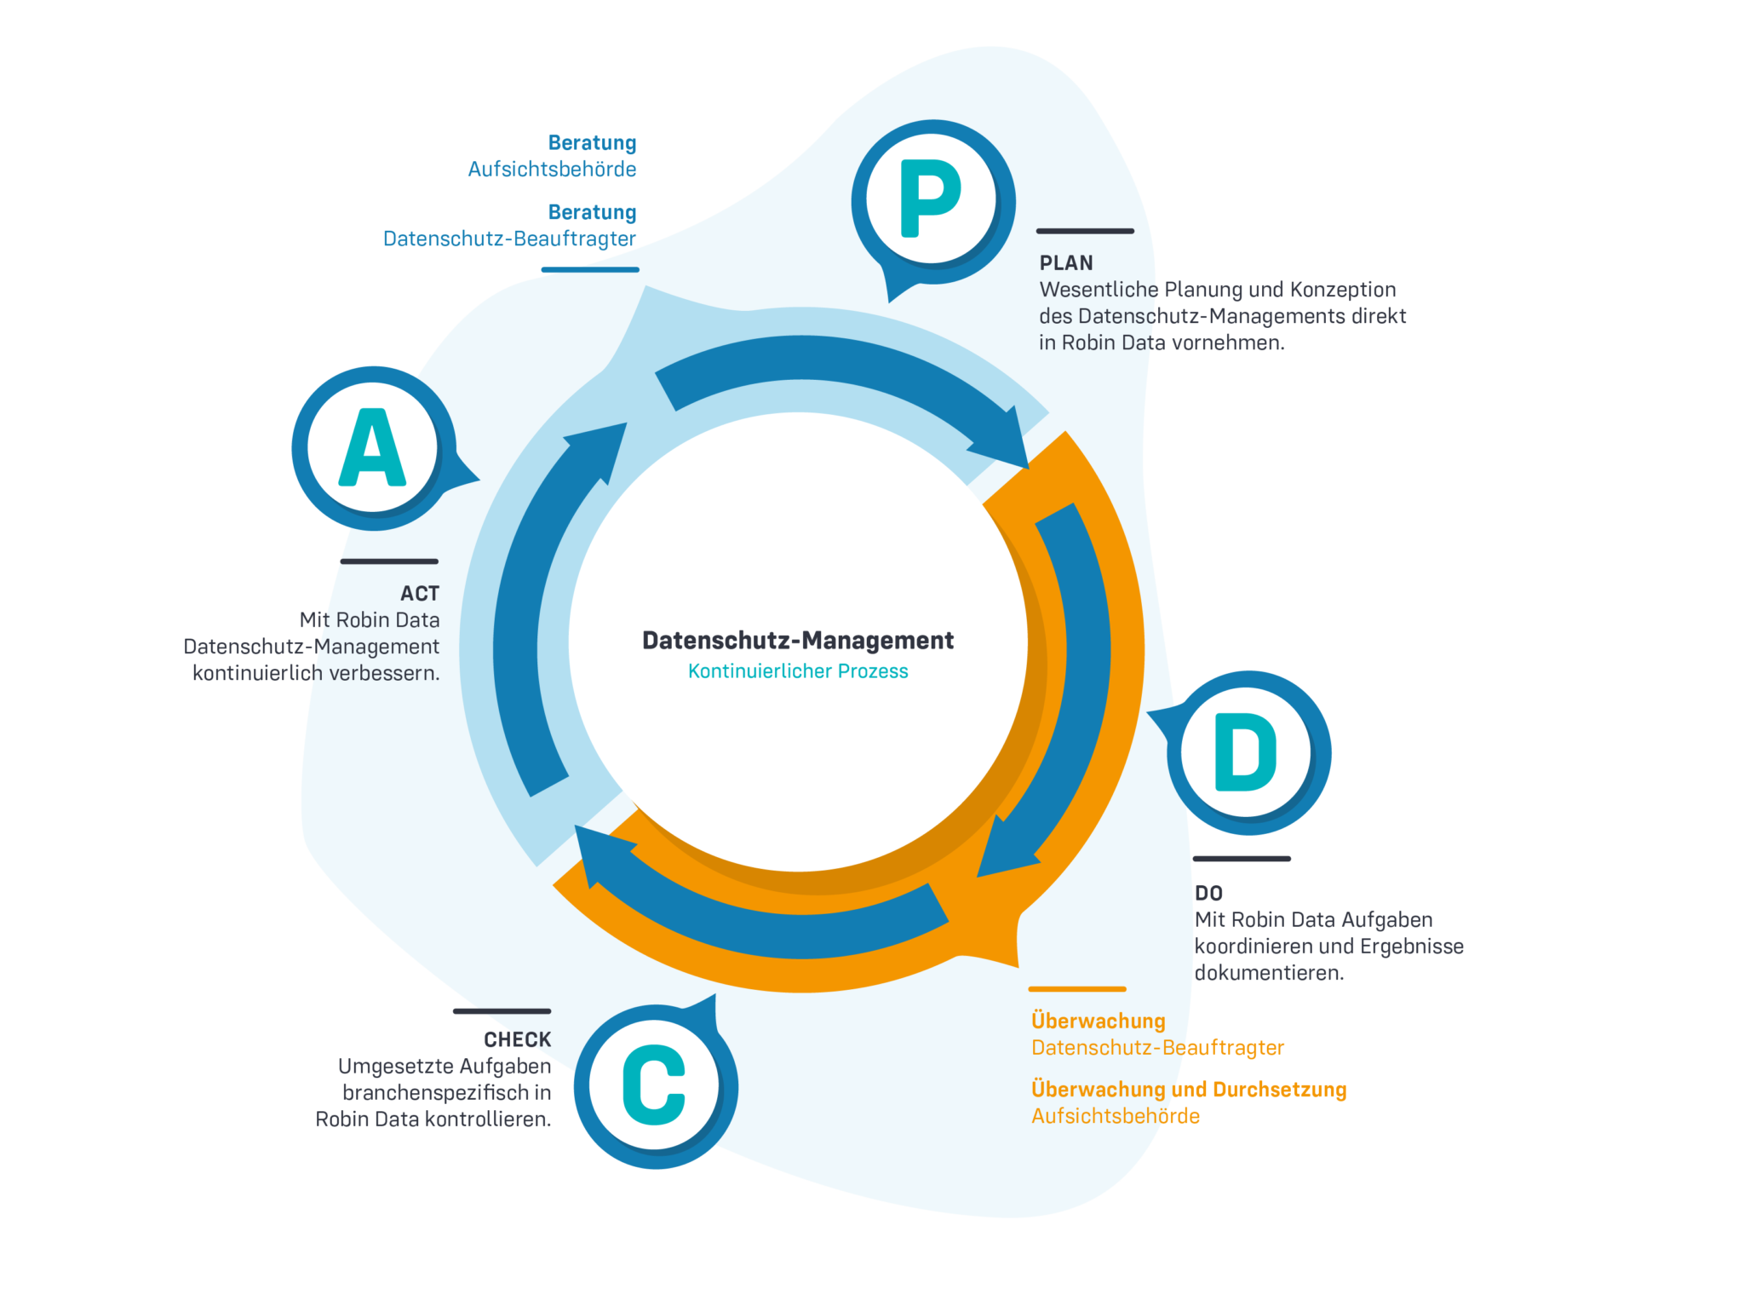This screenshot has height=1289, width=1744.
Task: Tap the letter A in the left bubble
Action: pos(372,447)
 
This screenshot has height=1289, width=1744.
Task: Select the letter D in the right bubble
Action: pos(1245,752)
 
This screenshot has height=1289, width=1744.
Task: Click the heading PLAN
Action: pos(1066,263)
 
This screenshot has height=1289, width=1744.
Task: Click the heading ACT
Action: pos(420,593)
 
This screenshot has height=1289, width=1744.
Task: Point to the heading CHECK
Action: pos(517,1039)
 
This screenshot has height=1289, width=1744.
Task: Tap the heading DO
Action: pos(1208,893)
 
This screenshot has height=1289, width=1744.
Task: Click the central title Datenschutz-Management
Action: pos(797,641)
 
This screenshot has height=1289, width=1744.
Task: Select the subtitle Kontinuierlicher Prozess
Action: pos(797,671)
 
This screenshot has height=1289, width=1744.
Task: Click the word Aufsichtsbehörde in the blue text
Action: pos(552,170)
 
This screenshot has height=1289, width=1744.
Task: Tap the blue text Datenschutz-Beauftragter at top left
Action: pos(509,239)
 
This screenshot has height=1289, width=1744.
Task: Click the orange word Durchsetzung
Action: pos(1279,1090)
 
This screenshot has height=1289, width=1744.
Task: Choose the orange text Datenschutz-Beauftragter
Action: pos(1157,1047)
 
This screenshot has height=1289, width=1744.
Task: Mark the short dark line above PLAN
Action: pos(1085,231)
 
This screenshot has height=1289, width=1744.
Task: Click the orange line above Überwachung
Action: pos(1077,989)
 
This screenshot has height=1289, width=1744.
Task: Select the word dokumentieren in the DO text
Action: pos(1269,973)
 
